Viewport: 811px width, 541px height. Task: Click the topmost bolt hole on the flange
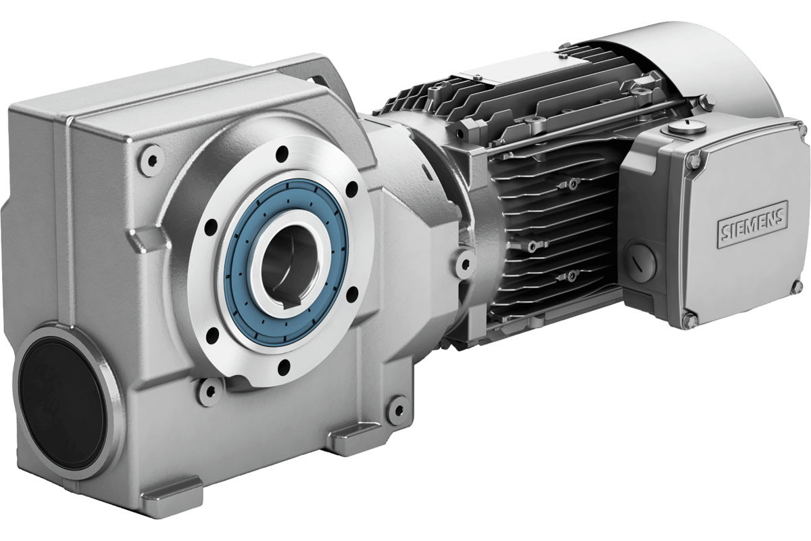point(281,154)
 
